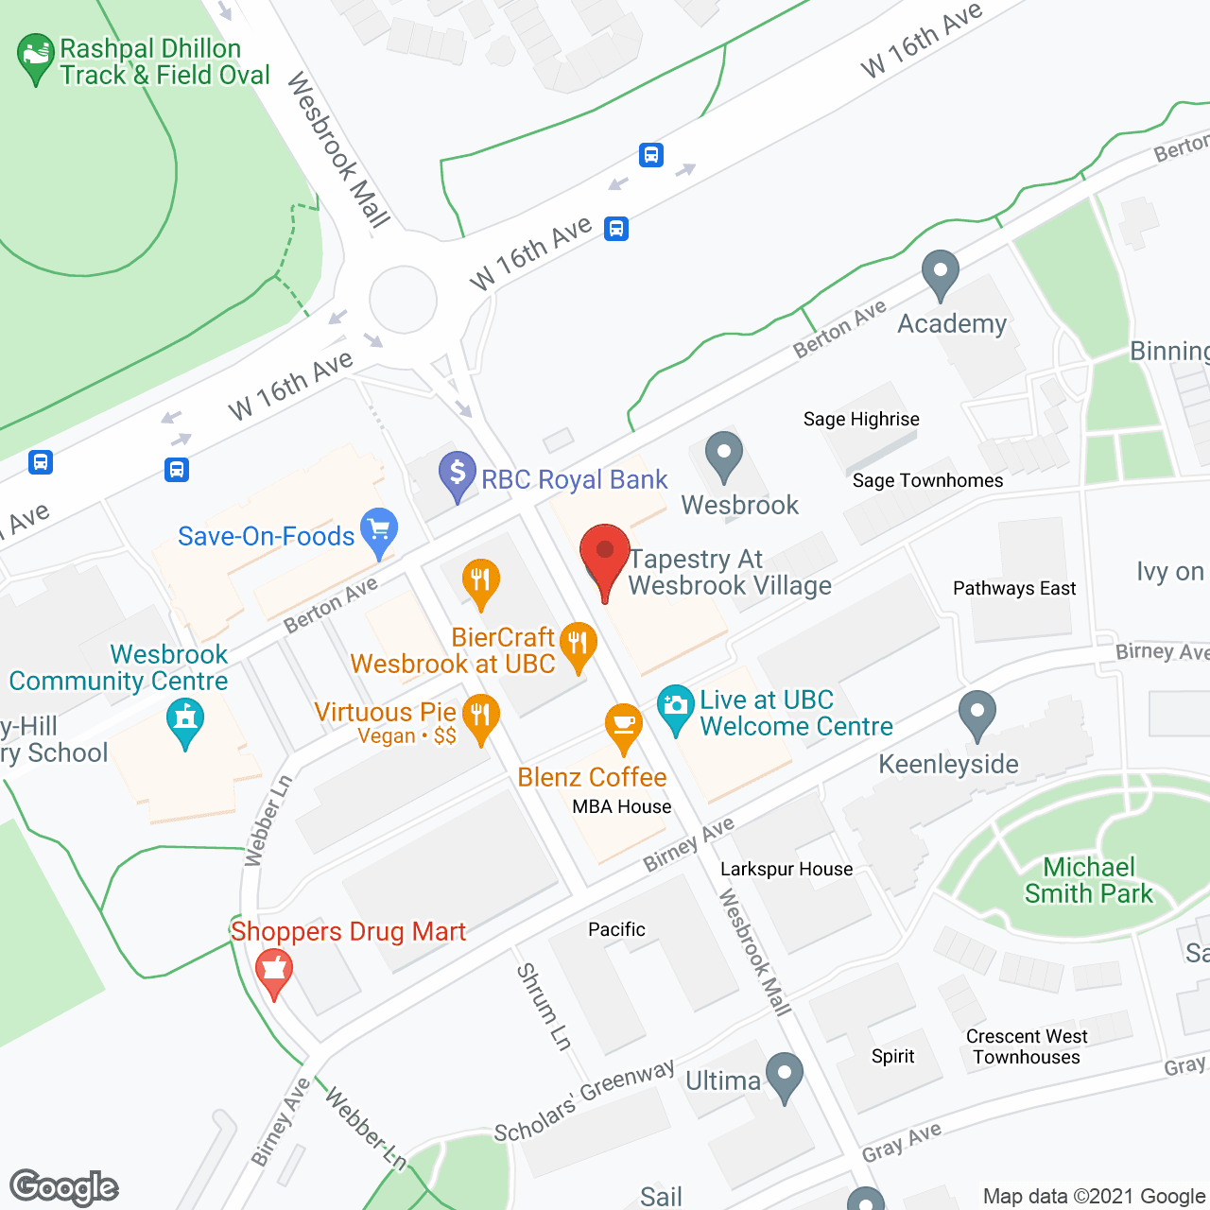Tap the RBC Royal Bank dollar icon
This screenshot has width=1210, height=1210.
click(x=458, y=474)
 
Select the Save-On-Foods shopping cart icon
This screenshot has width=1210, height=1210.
click(x=380, y=532)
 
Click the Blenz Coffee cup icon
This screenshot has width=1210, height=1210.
click(x=624, y=726)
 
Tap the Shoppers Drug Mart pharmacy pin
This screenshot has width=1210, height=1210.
click(x=273, y=972)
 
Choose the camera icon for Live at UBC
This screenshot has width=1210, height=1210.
click(x=675, y=706)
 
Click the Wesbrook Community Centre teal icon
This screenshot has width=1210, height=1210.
click(x=185, y=720)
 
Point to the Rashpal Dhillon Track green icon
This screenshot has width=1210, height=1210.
click(x=36, y=56)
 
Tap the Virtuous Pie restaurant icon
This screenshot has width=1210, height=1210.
click(x=481, y=717)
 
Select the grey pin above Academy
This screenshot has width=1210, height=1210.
click(x=940, y=273)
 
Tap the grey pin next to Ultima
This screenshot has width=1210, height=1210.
click(x=785, y=1075)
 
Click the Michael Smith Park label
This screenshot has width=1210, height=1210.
click(x=1089, y=880)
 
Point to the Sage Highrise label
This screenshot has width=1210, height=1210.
click(x=861, y=419)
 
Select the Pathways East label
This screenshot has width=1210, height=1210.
click(x=1014, y=588)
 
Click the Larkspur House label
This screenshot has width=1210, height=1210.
click(x=786, y=869)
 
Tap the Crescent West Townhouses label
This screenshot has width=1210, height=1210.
click(x=1027, y=1046)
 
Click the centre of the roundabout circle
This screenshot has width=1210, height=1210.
click(x=404, y=300)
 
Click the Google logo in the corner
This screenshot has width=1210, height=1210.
click(x=64, y=1187)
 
